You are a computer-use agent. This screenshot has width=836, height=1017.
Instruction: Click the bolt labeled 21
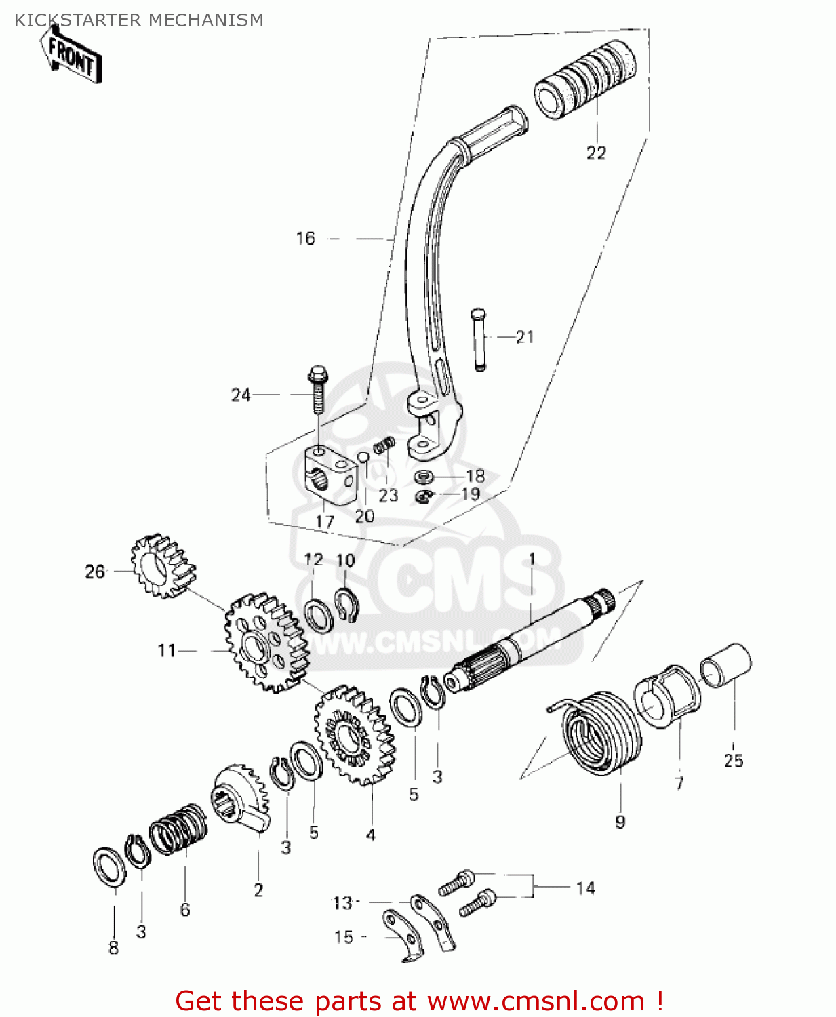[478, 339]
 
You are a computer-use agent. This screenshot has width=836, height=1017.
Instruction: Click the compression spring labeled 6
[178, 829]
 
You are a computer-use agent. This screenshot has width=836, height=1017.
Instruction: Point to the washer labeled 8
[109, 866]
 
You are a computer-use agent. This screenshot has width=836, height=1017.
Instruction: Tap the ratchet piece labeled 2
[241, 796]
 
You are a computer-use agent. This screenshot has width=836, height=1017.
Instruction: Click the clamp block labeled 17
[328, 477]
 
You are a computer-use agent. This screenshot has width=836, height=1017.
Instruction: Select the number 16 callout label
[306, 239]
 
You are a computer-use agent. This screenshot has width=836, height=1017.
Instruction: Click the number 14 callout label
[585, 888]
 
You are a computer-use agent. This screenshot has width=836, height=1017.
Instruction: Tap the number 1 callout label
[532, 559]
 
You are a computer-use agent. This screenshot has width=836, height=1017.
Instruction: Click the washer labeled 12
[317, 615]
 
